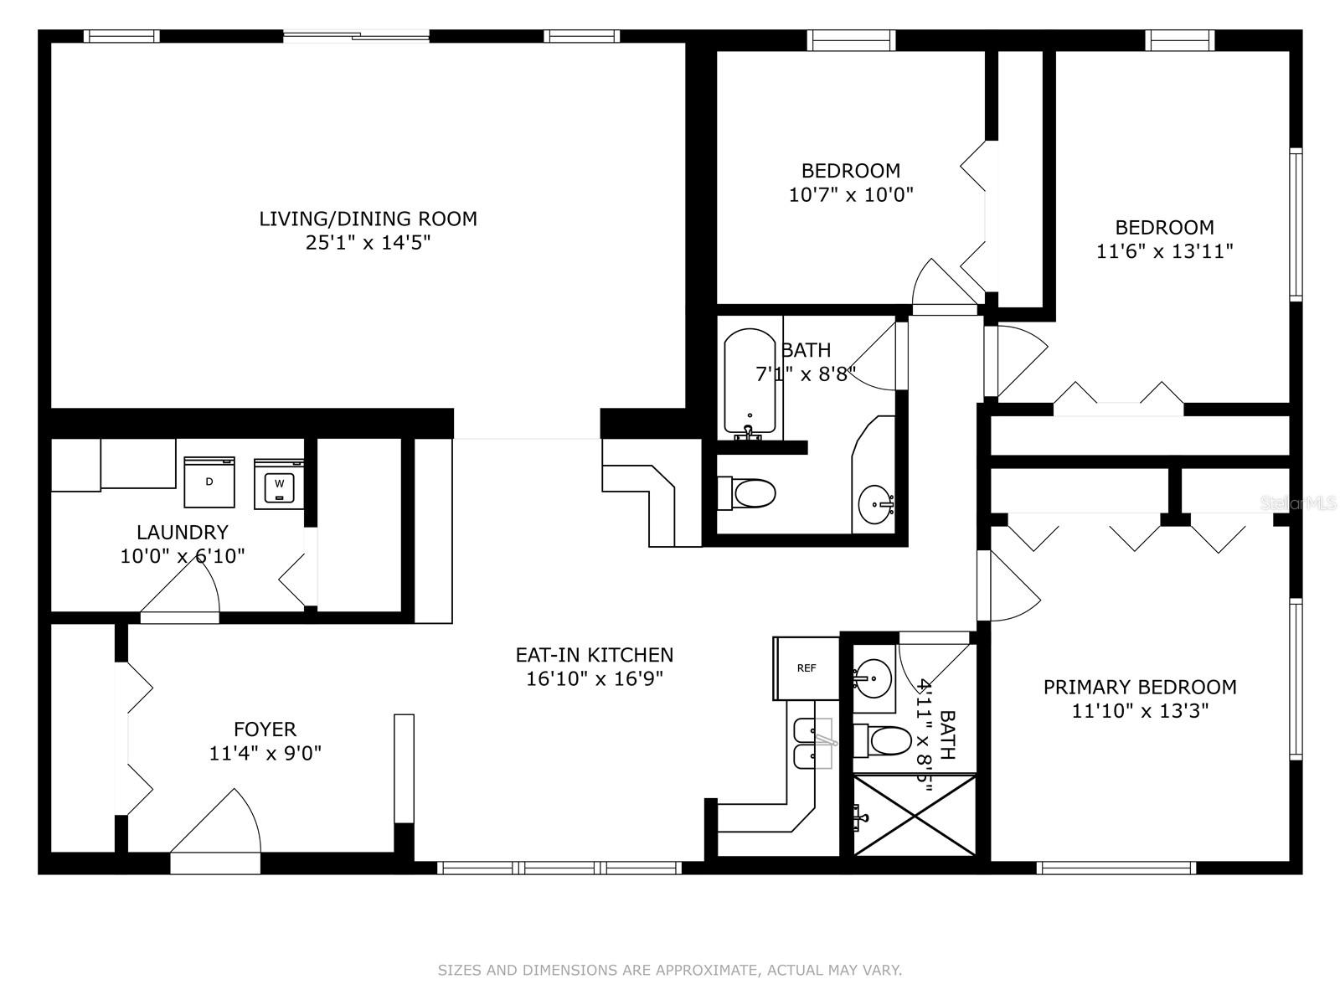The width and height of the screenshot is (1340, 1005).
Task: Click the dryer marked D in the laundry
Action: [209, 482]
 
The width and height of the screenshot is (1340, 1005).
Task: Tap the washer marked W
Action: [279, 484]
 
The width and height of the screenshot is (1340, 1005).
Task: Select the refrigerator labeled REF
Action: [806, 668]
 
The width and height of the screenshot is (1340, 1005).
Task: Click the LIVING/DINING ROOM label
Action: [368, 219]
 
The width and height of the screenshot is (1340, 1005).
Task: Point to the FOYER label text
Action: [265, 729]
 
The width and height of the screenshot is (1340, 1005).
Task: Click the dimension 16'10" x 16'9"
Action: [595, 678]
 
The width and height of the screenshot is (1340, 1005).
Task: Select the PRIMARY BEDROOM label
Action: [1140, 687]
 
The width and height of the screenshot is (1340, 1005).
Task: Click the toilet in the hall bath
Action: [746, 493]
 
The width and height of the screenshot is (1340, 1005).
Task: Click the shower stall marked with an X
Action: [914, 815]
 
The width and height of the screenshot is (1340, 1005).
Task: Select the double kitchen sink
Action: [812, 743]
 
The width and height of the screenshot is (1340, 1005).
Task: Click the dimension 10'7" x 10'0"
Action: [851, 194]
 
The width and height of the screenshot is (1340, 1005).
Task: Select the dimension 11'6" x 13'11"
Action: [1165, 251]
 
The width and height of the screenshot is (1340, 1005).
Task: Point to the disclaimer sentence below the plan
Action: [670, 970]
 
